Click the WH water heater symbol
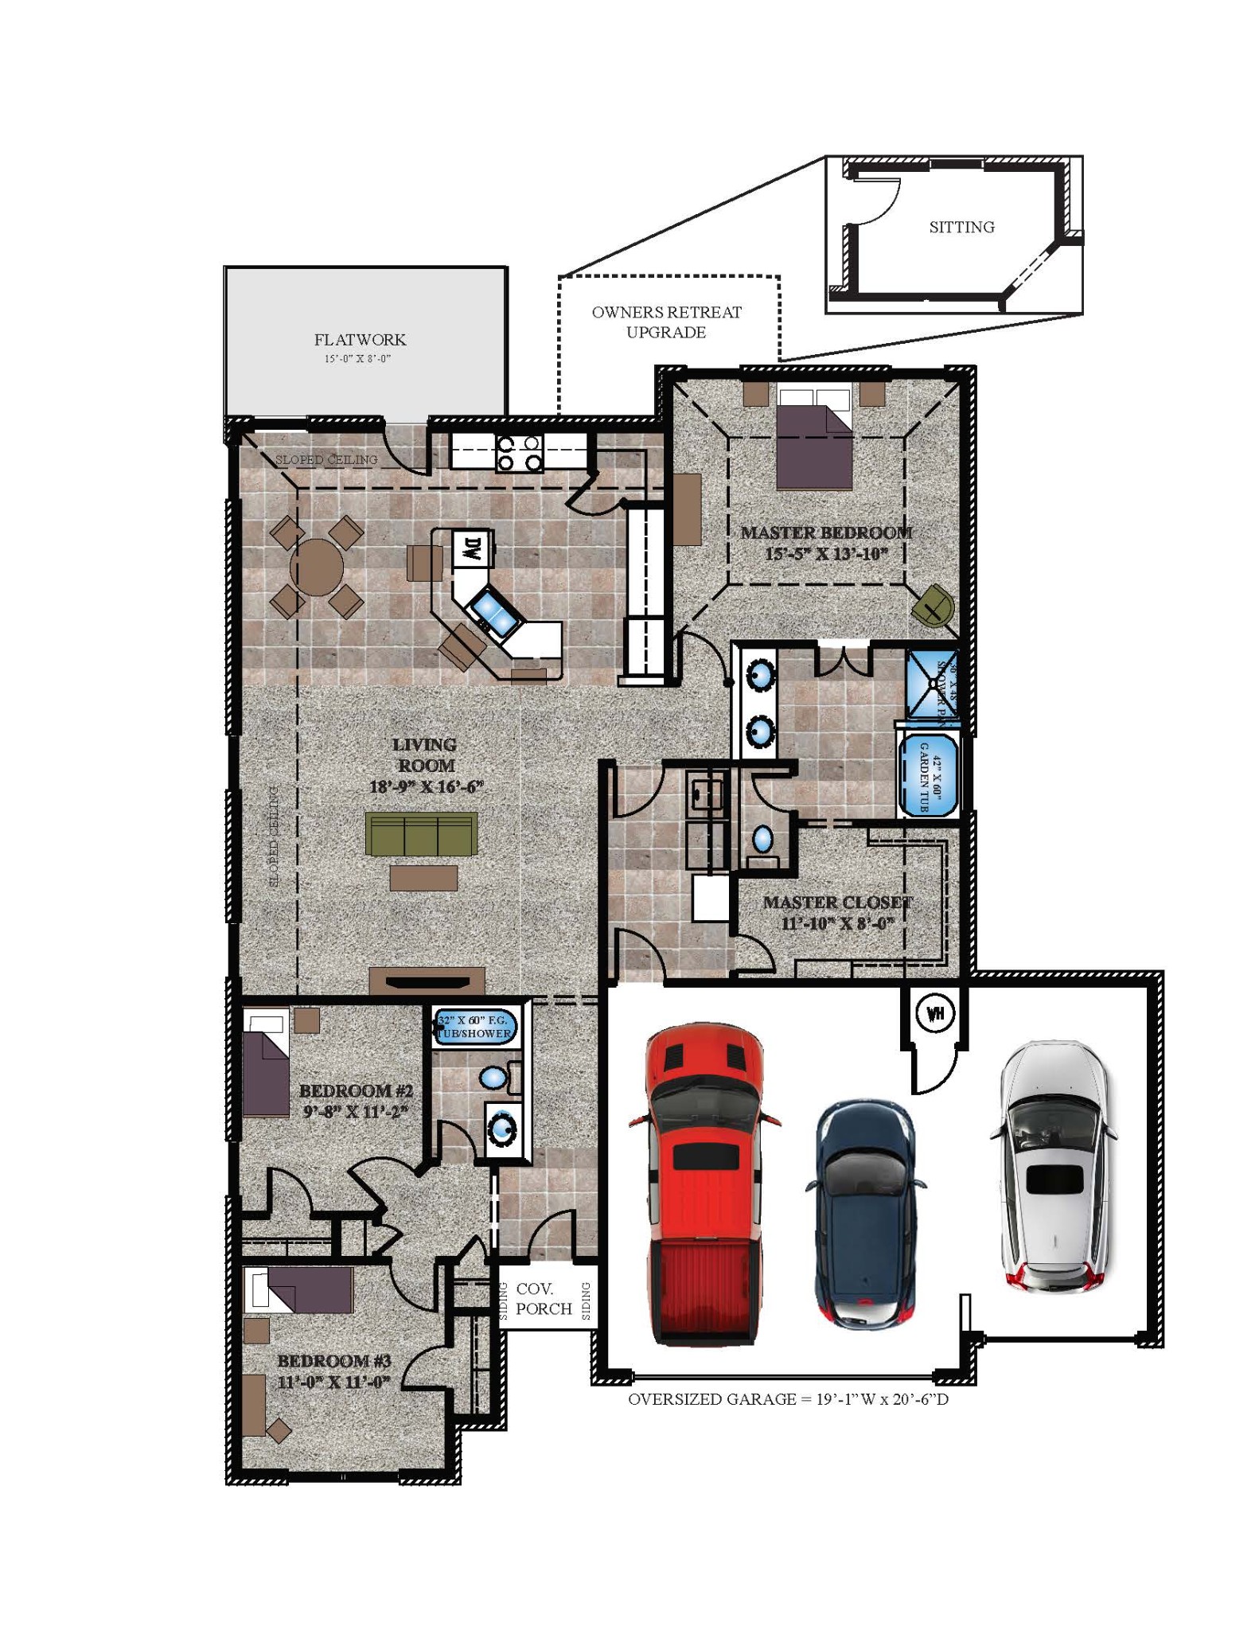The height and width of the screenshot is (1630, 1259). coord(935,1014)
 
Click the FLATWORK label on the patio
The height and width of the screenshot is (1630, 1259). coord(360,340)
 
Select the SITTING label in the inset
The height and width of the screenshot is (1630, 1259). coord(961,227)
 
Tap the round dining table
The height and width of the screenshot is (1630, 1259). coord(317,567)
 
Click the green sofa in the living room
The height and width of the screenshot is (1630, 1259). coord(421,833)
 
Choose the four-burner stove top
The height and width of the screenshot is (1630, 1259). coord(519,453)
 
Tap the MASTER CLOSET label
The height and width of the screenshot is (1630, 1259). coord(837,903)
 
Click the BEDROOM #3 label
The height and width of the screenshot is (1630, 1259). coord(334,1360)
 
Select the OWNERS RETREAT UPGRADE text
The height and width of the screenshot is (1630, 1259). coord(666,322)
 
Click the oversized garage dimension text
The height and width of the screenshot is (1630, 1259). coord(788,1398)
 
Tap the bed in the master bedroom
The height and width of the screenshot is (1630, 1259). coord(814,438)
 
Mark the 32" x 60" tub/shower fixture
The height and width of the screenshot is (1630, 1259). coord(475,1027)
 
